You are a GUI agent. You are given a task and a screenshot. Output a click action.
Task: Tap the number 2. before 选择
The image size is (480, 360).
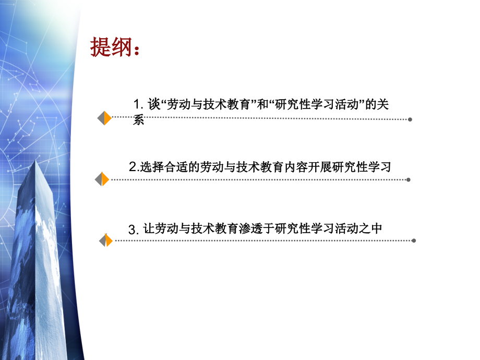(133, 167)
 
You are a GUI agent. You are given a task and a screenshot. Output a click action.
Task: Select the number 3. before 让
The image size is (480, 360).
(134, 230)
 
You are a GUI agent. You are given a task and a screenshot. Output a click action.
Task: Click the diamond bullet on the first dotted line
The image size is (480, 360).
(104, 118)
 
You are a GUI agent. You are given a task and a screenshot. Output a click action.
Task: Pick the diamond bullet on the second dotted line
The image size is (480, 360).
(102, 179)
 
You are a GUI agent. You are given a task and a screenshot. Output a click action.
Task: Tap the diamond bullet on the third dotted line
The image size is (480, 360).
(106, 241)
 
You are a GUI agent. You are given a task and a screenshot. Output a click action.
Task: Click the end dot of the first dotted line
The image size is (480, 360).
(410, 119)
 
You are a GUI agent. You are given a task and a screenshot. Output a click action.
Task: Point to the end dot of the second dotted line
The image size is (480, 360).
(409, 180)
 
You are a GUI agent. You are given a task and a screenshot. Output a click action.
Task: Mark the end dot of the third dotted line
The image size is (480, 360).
(414, 241)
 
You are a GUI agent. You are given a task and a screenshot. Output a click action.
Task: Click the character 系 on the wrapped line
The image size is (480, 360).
(138, 121)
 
